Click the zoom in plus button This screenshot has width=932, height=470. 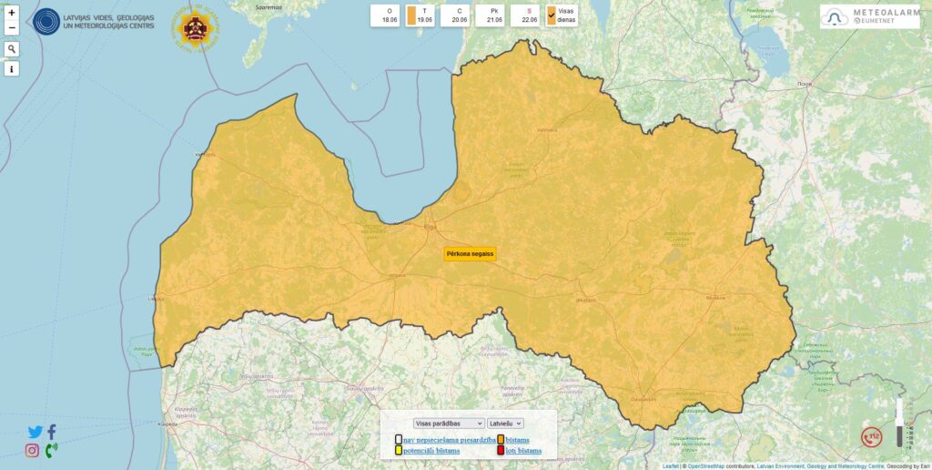pyautogui.click(x=12, y=13)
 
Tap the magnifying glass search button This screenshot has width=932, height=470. pyautogui.click(x=12, y=49)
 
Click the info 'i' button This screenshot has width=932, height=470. pyautogui.click(x=12, y=69)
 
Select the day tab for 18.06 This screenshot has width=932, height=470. pyautogui.click(x=390, y=15)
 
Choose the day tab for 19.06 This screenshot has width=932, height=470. pyautogui.click(x=424, y=15)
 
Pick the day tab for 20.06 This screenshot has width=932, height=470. pyautogui.click(x=459, y=15)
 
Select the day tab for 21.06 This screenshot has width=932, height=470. pyautogui.click(x=494, y=15)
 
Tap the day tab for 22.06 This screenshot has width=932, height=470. pyautogui.click(x=528, y=15)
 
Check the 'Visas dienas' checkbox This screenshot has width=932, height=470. pyautogui.click(x=552, y=15)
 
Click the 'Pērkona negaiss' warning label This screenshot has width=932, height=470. pyautogui.click(x=470, y=253)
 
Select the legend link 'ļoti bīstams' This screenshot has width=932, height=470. pyautogui.click(x=523, y=451)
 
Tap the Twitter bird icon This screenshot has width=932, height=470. pyautogui.click(x=35, y=433)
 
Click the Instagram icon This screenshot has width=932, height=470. pyautogui.click(x=32, y=450)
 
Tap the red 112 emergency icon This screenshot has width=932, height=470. pyautogui.click(x=873, y=437)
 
